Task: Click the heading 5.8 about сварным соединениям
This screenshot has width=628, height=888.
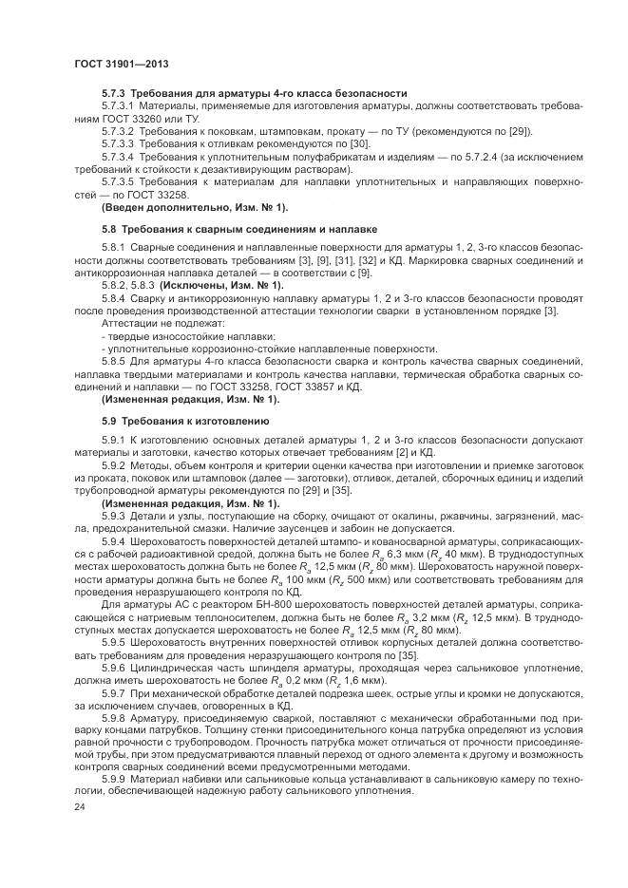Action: click(238, 229)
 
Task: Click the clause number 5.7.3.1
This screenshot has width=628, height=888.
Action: click(120, 107)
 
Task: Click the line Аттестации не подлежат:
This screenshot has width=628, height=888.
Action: click(152, 324)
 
